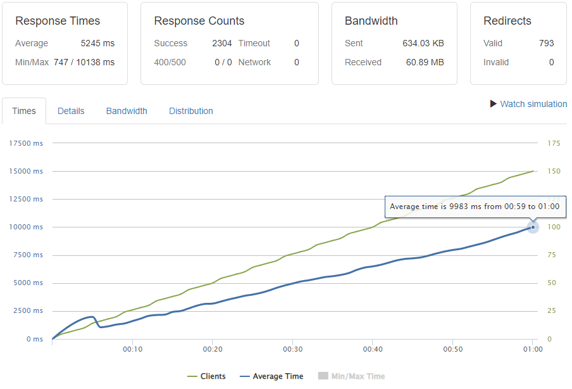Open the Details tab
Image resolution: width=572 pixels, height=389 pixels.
(71, 111)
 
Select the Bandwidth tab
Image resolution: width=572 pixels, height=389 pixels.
(127, 111)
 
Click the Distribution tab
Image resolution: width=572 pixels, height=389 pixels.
(190, 111)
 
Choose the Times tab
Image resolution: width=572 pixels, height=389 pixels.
(24, 111)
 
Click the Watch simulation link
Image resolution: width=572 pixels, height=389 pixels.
(533, 104)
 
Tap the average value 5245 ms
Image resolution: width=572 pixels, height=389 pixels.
(97, 44)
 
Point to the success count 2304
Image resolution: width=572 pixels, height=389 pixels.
(221, 44)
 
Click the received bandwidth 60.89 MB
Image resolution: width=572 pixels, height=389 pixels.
(425, 62)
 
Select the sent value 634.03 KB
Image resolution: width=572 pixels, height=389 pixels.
(423, 44)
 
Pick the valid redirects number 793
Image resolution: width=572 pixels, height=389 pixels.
(546, 44)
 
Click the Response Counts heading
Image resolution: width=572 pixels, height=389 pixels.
(199, 21)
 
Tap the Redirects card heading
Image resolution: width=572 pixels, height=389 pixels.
(507, 21)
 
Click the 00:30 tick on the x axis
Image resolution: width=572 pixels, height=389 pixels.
(292, 349)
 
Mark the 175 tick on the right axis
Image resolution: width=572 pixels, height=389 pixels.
(554, 143)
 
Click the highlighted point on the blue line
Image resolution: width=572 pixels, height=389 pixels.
(533, 227)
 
